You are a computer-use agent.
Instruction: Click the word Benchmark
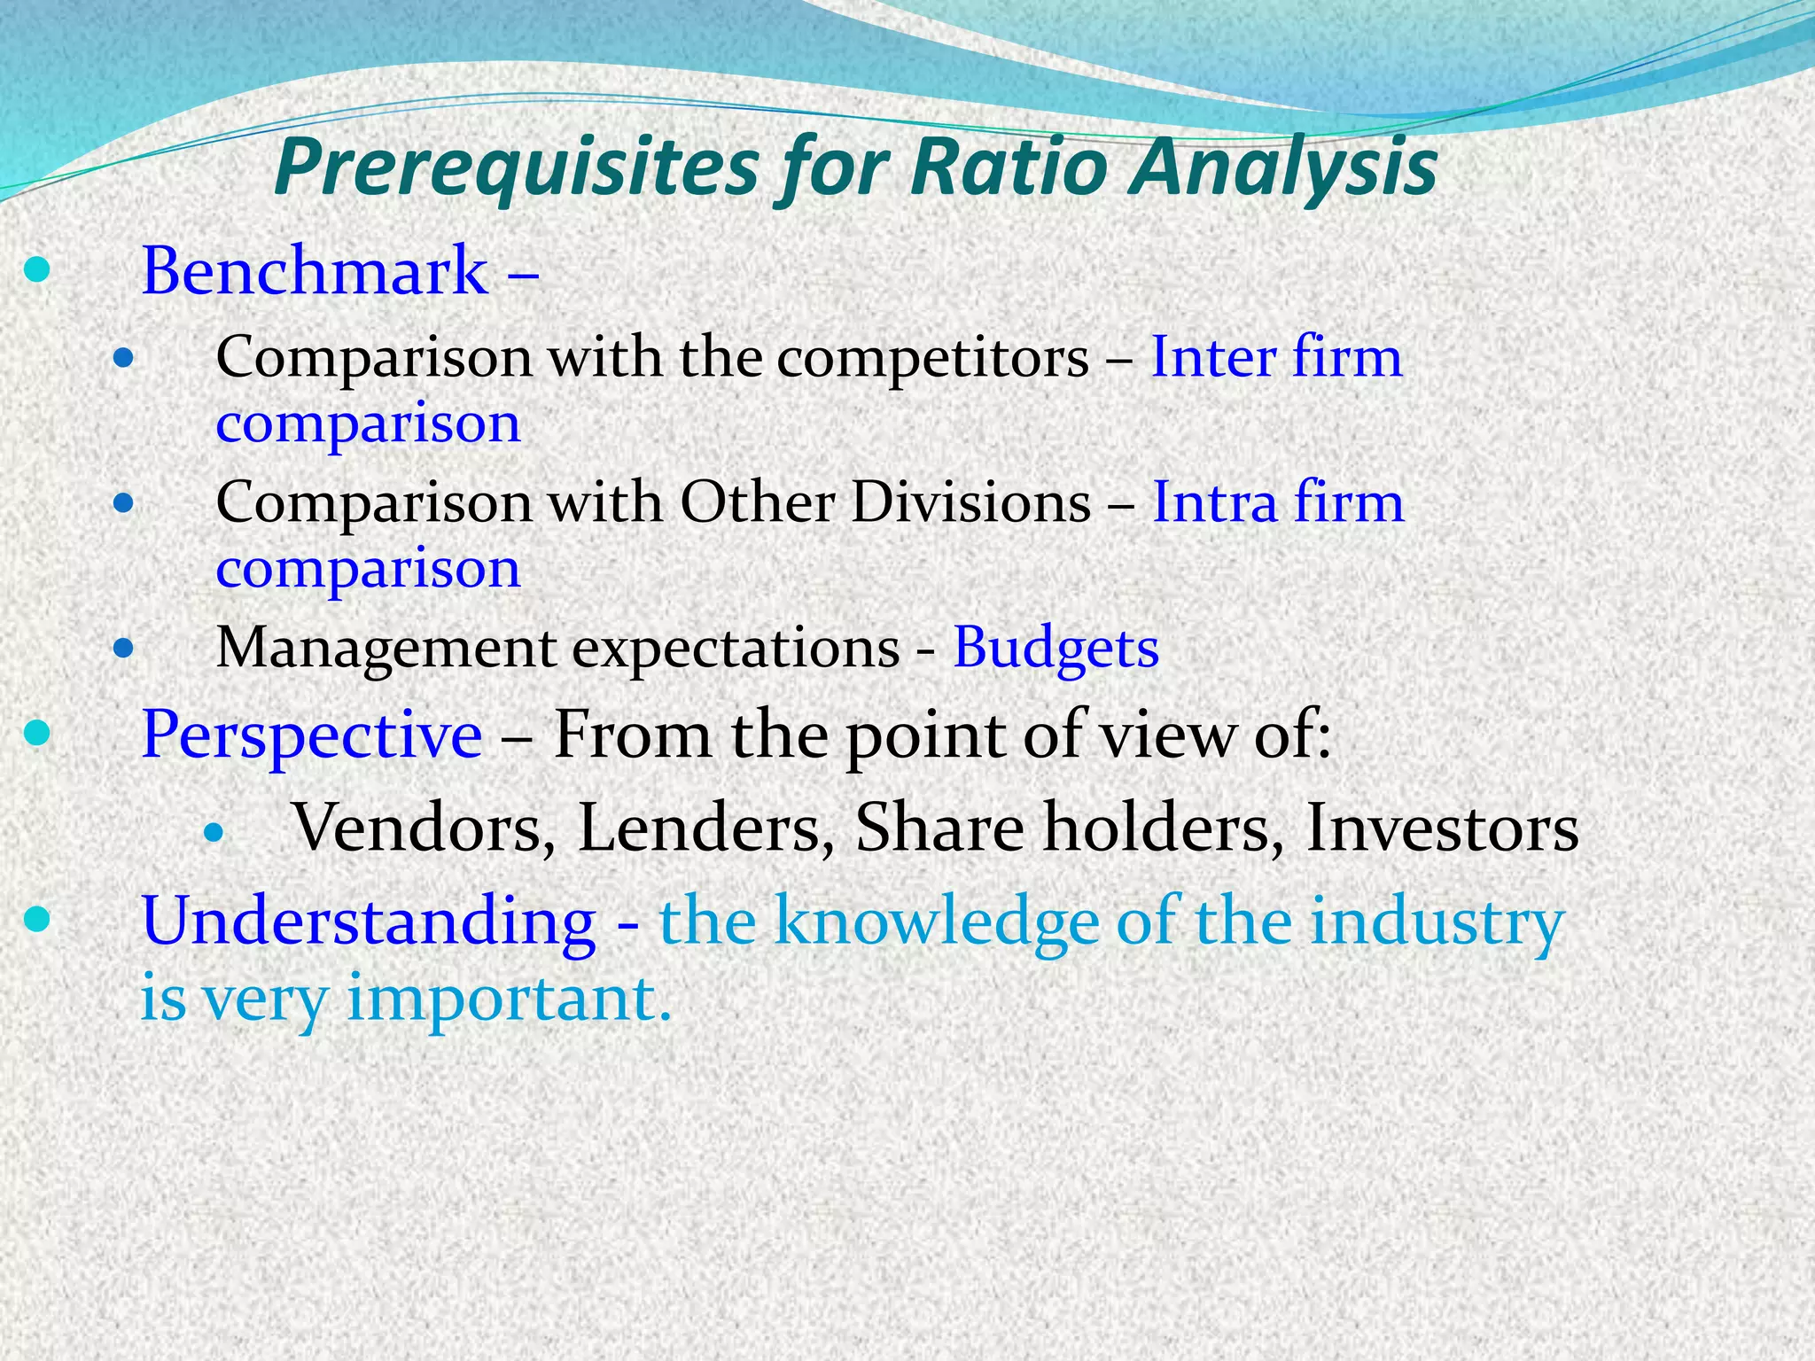pos(315,271)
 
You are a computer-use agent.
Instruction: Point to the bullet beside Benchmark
pos(37,271)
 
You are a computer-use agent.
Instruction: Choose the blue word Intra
pos(1213,502)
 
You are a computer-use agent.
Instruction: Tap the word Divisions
pos(970,502)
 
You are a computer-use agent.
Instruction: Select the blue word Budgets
pos(1056,649)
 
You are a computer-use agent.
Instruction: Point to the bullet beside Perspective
pos(37,733)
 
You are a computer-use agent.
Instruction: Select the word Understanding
pos(369,922)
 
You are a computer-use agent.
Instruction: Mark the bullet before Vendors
pos(214,832)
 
